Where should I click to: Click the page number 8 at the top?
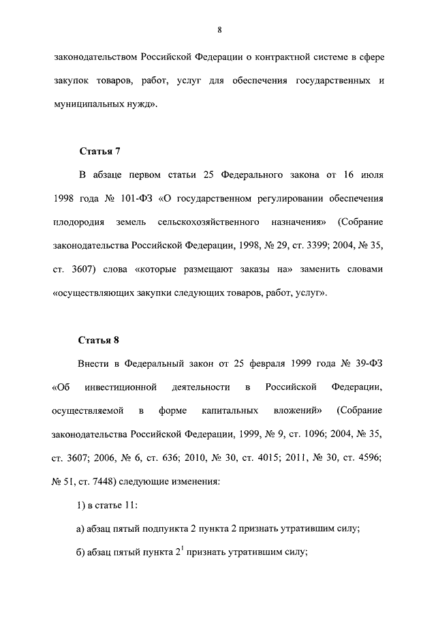click(x=219, y=29)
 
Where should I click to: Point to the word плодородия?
click(x=76, y=222)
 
